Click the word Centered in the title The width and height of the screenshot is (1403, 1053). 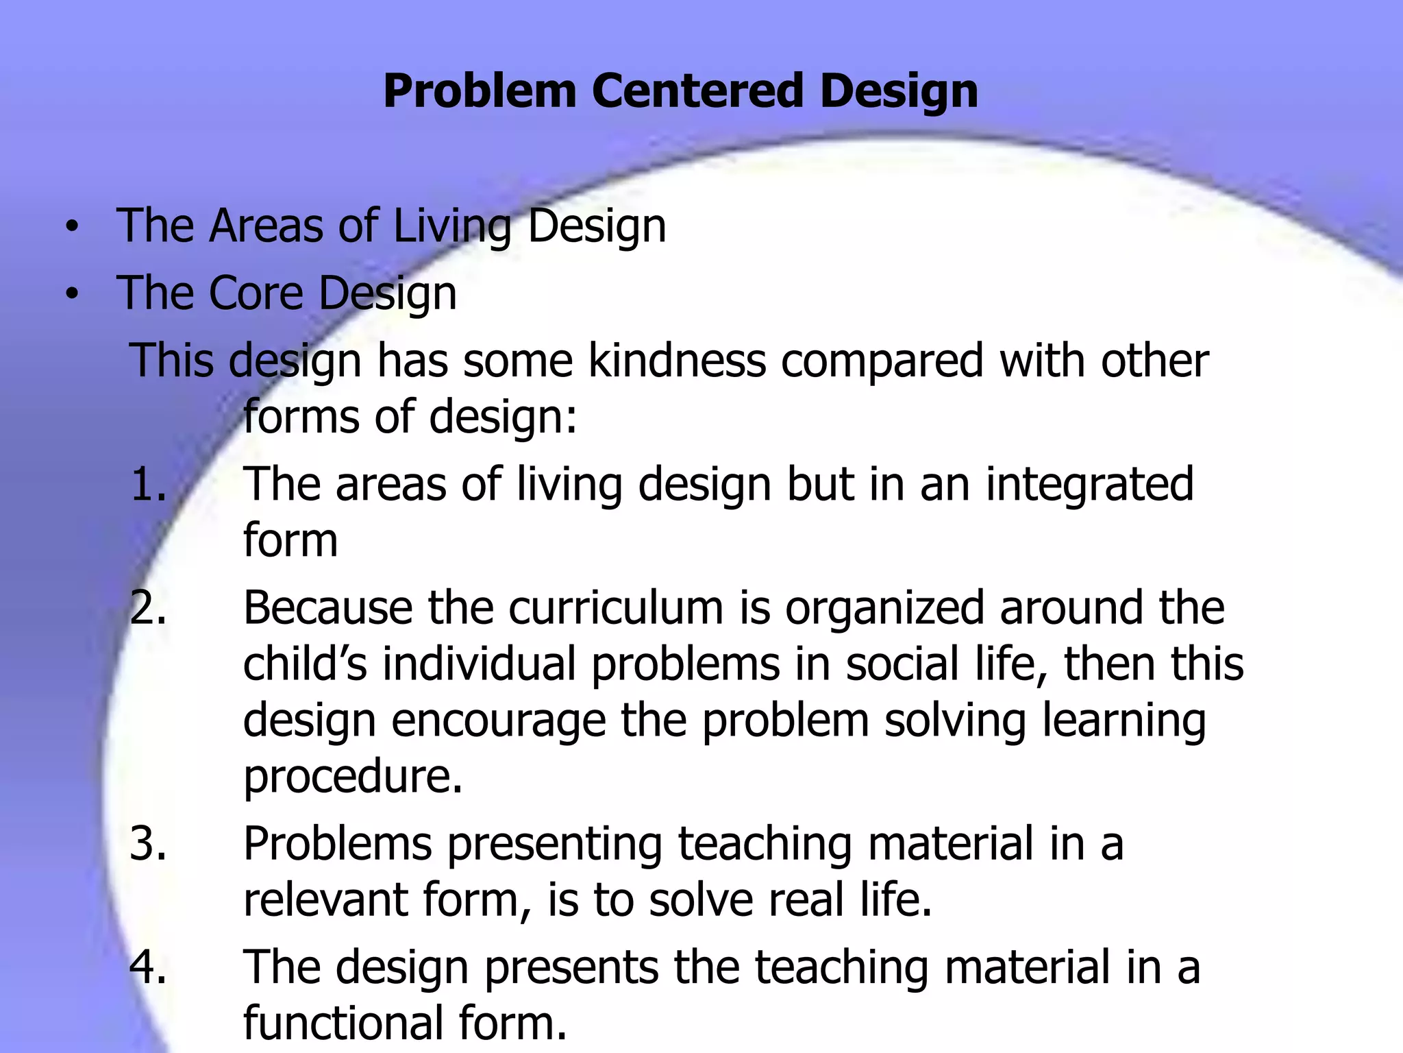point(697,90)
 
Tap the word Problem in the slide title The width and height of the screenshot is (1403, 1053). point(480,90)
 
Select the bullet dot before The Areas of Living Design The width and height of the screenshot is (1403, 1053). point(72,228)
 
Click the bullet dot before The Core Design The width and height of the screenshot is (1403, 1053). point(72,295)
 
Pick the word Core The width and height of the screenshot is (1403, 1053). point(256,293)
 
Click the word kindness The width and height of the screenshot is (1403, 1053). point(677,361)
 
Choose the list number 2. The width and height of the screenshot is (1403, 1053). point(148,607)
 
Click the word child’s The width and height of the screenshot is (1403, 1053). point(306,664)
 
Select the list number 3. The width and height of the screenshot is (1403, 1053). point(148,843)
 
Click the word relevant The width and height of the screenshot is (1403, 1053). point(325,899)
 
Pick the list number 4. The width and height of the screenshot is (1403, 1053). point(148,967)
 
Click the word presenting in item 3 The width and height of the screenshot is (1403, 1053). point(555,845)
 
